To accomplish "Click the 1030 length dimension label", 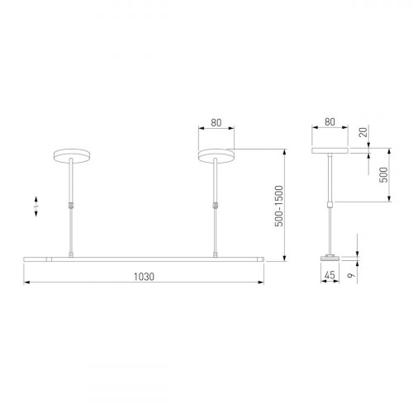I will click(x=144, y=277).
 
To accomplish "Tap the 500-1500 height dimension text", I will click(x=279, y=204).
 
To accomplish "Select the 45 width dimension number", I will click(x=329, y=277).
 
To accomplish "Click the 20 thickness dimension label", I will click(x=361, y=135).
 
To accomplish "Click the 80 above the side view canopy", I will click(x=330, y=122).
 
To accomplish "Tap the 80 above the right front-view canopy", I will click(x=216, y=122).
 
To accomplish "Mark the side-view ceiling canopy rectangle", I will click(x=330, y=152).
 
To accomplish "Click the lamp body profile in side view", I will click(x=330, y=259).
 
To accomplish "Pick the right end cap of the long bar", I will click(x=262, y=259).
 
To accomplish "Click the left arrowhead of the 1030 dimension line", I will click(x=25, y=284).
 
